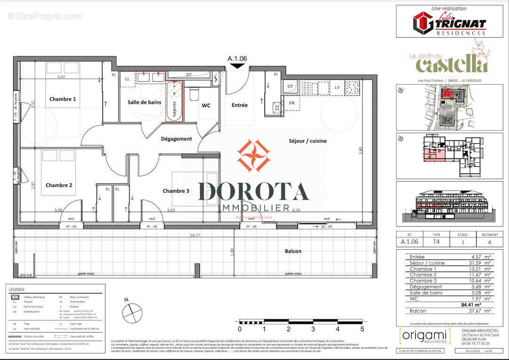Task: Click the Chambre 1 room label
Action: point(63,99)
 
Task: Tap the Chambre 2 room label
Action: point(59,185)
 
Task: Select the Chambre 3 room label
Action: point(176,191)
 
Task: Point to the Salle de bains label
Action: point(144,102)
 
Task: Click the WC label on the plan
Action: point(206,105)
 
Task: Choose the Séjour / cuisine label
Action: point(307,141)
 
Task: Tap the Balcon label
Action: point(293,251)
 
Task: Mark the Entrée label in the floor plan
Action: point(239,105)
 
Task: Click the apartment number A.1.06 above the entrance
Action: point(237,59)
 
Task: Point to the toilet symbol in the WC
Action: point(193,96)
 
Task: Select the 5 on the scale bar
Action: point(362,329)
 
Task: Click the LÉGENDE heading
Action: point(17,290)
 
